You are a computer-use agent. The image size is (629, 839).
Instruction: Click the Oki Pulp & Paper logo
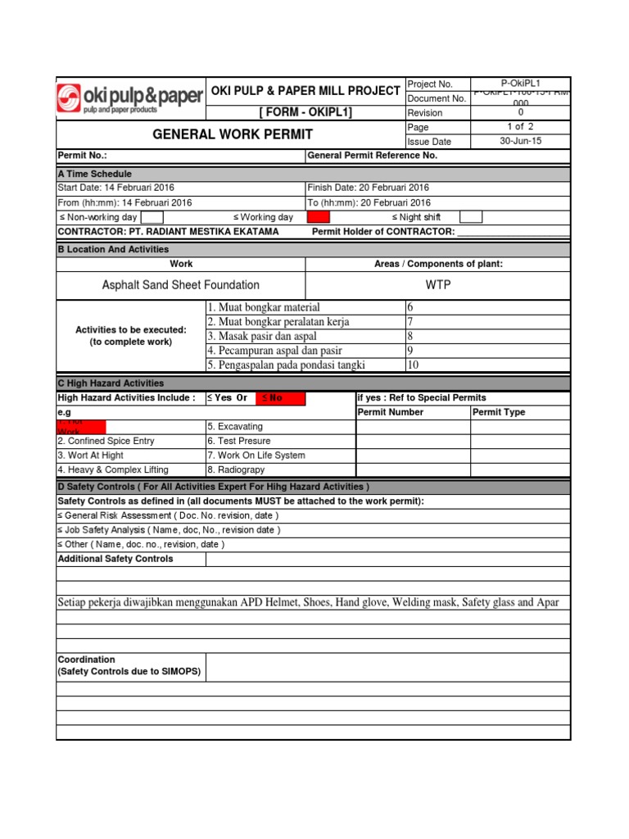pyautogui.click(x=129, y=98)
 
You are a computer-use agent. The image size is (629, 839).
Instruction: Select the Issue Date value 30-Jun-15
pyautogui.click(x=520, y=141)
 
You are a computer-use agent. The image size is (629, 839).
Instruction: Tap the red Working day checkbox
pyautogui.click(x=318, y=217)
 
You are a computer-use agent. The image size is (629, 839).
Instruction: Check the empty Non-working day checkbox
pyautogui.click(x=152, y=217)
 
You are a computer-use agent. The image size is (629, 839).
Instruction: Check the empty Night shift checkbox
pyautogui.click(x=471, y=217)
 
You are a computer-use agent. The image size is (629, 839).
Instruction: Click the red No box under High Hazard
pyautogui.click(x=280, y=398)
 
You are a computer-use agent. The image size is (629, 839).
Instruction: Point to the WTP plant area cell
pyautogui.click(x=438, y=285)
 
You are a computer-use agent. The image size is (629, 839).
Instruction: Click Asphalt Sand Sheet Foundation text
pyautogui.click(x=180, y=285)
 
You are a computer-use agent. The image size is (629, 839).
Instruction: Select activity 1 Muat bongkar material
pyautogui.click(x=263, y=307)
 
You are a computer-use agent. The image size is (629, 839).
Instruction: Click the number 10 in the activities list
pyautogui.click(x=413, y=365)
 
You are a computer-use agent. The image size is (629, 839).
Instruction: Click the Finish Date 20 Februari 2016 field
pyautogui.click(x=368, y=188)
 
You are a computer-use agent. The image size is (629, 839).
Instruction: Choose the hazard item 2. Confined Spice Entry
pyautogui.click(x=106, y=441)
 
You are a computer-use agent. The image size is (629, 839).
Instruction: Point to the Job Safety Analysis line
pyautogui.click(x=170, y=530)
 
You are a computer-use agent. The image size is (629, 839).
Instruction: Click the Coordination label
pyautogui.click(x=86, y=660)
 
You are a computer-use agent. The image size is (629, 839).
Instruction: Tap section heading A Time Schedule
pyautogui.click(x=94, y=174)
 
